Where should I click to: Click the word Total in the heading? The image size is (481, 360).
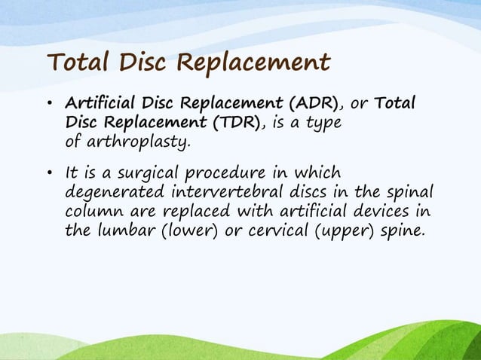point(78,62)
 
